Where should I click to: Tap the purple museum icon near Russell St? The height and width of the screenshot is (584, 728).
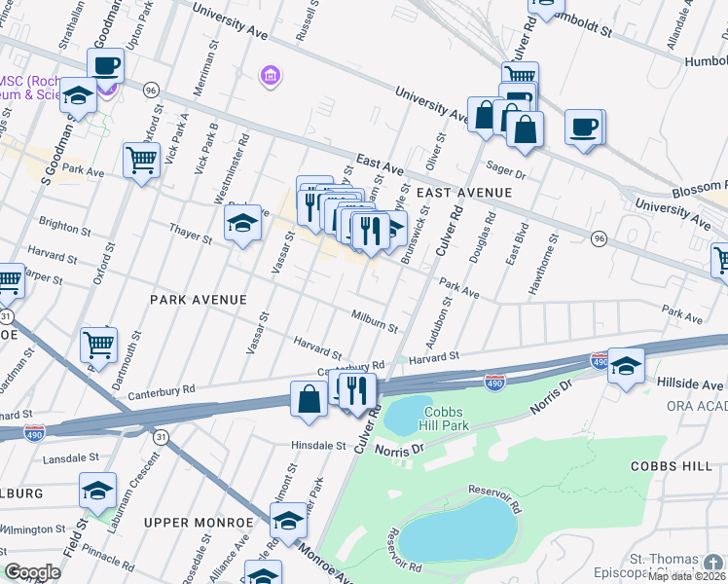point(270,75)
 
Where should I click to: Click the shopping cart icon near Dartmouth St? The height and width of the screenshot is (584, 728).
point(98,344)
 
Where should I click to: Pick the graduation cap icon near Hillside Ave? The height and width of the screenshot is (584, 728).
point(626,365)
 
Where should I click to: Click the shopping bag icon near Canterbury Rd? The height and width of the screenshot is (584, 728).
point(309,399)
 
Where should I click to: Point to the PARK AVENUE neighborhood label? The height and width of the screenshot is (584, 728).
point(198,300)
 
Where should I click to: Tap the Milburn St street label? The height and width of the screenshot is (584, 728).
point(375,322)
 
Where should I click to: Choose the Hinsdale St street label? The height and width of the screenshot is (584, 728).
point(319,445)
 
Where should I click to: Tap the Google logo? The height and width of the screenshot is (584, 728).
point(32,572)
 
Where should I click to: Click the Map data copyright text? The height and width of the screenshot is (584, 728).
point(686,576)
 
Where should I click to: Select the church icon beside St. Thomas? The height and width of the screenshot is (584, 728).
point(716,562)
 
